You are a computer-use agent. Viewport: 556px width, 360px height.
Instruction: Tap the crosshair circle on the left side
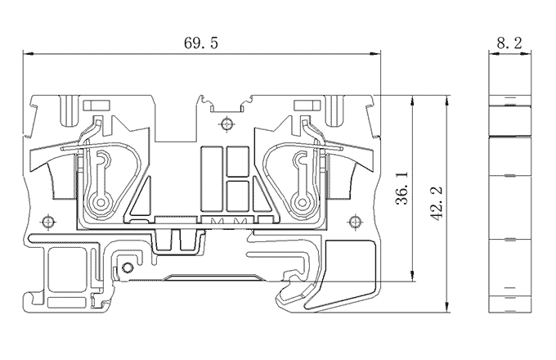point(49,222)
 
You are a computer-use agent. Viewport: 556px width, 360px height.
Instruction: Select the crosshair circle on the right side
point(355,222)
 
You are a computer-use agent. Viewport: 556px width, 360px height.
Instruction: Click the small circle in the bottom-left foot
point(127,268)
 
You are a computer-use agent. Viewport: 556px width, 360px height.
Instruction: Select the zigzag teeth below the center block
point(229,222)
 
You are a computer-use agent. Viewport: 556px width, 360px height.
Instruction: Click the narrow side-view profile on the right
point(509,205)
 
